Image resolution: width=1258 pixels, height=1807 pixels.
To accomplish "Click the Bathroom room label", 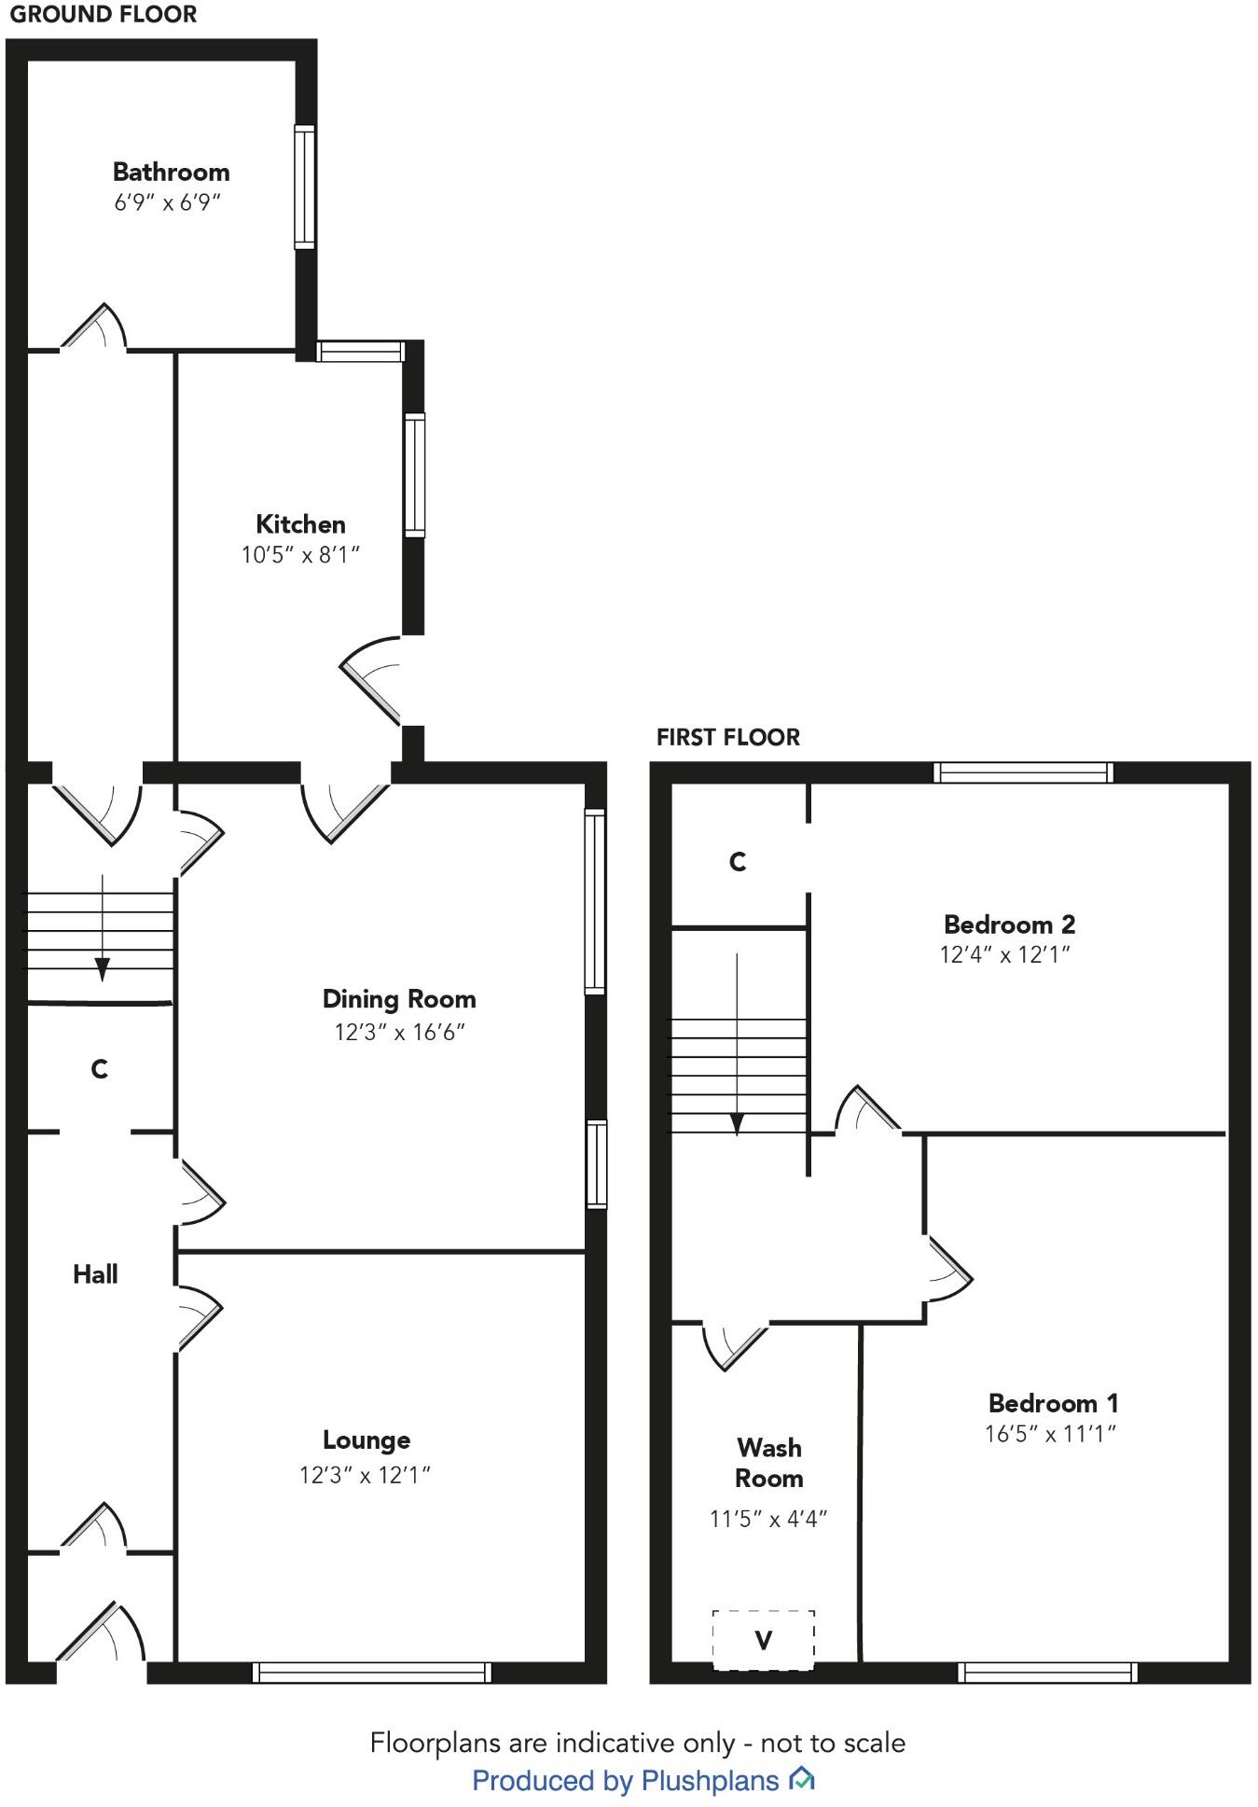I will [171, 172].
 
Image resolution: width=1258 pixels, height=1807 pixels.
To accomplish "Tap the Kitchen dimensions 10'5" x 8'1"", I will [300, 555].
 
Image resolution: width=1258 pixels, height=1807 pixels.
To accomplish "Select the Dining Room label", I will [399, 999].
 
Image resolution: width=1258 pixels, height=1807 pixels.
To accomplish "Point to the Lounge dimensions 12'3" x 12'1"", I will [365, 1475].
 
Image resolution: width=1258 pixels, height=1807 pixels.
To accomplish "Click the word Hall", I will [95, 1274].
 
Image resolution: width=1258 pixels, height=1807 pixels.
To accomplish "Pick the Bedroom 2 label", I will [1009, 924].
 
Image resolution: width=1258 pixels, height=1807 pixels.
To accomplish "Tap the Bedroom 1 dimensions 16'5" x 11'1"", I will [1051, 1434].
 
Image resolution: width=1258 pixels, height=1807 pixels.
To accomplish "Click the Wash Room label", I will [768, 1463].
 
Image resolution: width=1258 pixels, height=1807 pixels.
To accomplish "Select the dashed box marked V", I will [763, 1639].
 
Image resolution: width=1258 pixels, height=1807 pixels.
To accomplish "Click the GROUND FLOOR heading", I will [104, 15].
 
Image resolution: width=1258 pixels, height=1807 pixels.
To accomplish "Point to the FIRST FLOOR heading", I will [728, 738].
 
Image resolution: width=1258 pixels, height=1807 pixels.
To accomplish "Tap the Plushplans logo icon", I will [802, 1780].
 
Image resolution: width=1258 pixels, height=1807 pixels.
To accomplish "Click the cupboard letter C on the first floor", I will [738, 862].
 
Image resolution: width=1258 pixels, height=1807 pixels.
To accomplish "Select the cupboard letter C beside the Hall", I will [100, 1069].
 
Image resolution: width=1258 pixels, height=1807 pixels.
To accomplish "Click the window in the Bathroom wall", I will [304, 187].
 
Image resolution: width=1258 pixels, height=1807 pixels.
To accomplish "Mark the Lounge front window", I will [372, 1672].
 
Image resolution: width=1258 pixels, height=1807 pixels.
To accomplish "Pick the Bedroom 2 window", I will [1024, 772].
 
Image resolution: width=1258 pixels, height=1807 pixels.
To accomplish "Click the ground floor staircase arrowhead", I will [102, 970].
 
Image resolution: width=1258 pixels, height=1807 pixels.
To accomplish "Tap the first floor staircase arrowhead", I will [737, 1123].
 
